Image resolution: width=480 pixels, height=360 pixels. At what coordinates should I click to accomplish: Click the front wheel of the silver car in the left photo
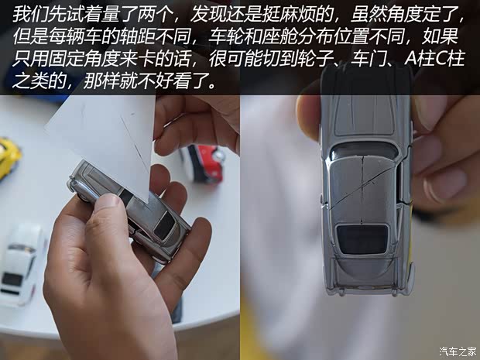(82, 187)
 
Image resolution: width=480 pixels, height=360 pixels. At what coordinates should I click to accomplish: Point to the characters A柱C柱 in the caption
(430, 60)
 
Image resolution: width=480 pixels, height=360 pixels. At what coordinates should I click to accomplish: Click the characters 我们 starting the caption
(26, 14)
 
